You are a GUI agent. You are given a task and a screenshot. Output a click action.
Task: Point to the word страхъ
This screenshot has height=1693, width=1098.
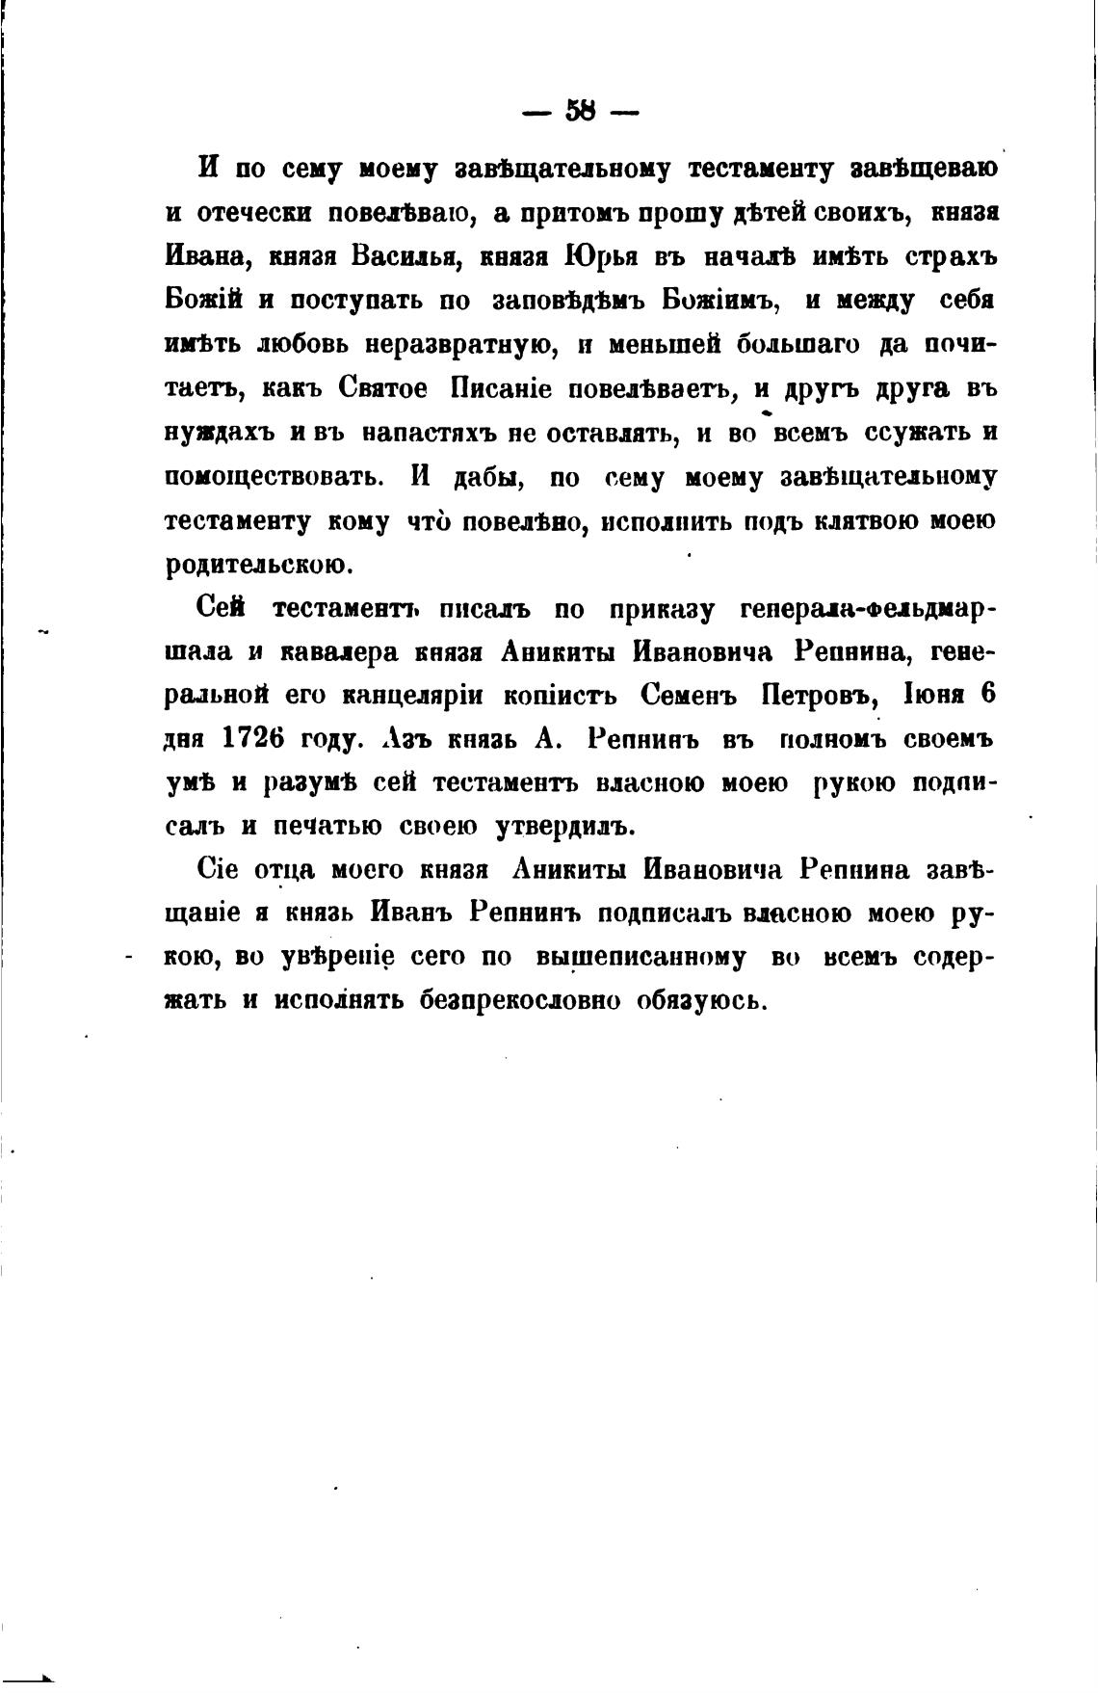click(x=940, y=257)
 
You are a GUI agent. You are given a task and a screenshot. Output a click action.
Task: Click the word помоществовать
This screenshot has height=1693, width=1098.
click(x=274, y=477)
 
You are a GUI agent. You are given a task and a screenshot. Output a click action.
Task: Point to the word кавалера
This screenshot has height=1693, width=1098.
click(x=338, y=652)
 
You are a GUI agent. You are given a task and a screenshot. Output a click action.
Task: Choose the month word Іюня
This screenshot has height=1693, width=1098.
click(x=929, y=696)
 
